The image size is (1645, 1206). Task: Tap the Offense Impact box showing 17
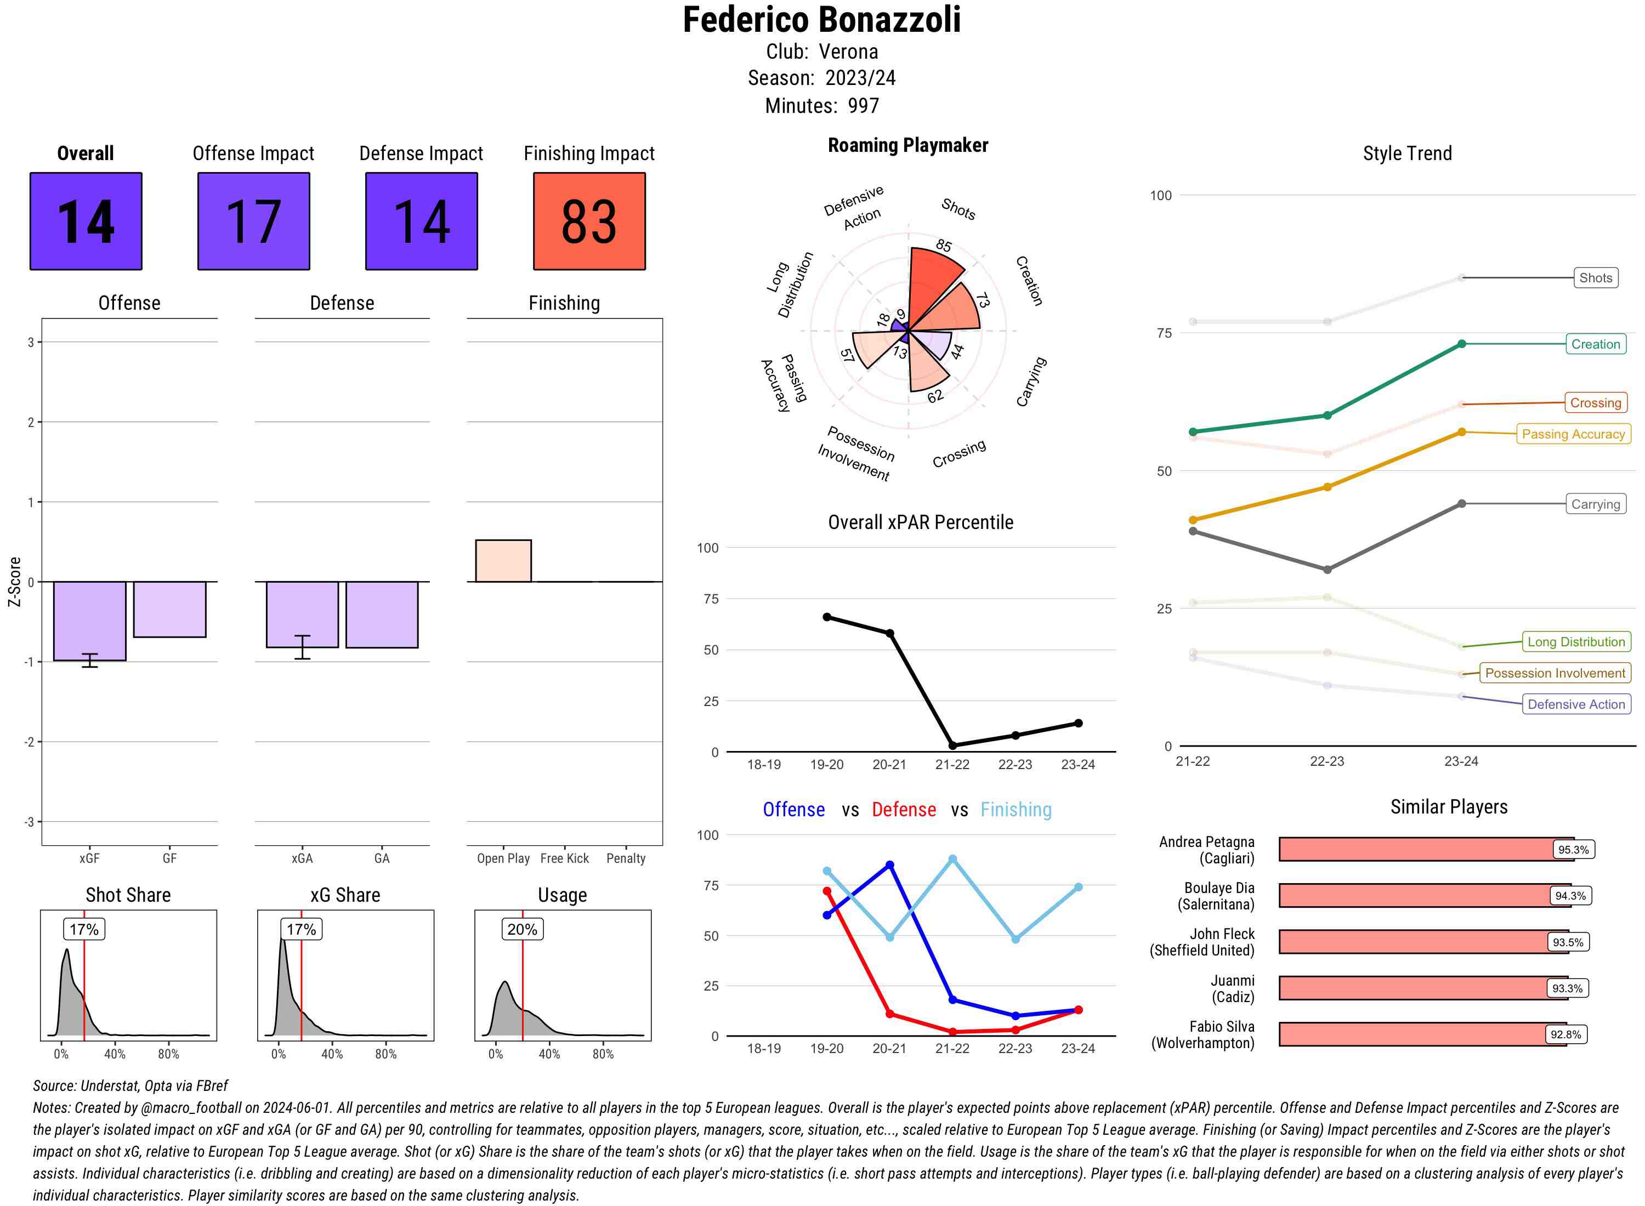pyautogui.click(x=253, y=221)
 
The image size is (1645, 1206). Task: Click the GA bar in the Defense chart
pyautogui.click(x=382, y=614)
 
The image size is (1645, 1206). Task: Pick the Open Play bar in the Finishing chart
pyautogui.click(x=503, y=561)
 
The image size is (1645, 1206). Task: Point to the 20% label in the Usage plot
pyautogui.click(x=522, y=929)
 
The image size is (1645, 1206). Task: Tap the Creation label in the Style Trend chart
pyautogui.click(x=1595, y=344)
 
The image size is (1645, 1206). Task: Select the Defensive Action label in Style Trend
pyautogui.click(x=1576, y=704)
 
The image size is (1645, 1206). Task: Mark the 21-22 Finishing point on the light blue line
pyautogui.click(x=952, y=859)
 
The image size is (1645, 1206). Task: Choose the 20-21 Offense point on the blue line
pyautogui.click(x=889, y=865)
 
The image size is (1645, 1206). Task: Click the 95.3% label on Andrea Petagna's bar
pyautogui.click(x=1573, y=850)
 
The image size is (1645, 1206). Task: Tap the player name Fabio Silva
pyautogui.click(x=1222, y=1026)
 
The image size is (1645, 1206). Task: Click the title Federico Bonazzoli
pyautogui.click(x=821, y=20)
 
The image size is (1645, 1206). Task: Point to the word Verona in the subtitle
pyautogui.click(x=848, y=52)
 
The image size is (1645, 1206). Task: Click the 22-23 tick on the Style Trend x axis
pyautogui.click(x=1326, y=761)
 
